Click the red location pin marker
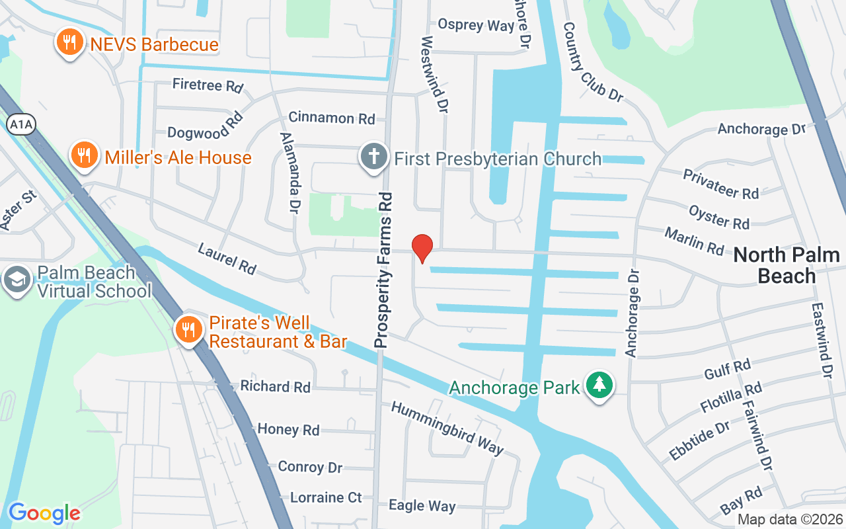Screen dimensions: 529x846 422,248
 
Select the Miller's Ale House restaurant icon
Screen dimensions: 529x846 84,156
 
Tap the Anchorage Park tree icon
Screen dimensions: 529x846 600,386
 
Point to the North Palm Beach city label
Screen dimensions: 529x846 787,264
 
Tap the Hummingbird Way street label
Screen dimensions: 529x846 447,427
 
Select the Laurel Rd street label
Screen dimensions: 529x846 227,258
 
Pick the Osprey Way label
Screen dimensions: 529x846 476,25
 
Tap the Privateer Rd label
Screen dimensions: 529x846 720,184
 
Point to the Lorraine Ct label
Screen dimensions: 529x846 327,497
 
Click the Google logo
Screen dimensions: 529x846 44,512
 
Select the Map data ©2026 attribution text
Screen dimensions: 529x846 790,519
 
